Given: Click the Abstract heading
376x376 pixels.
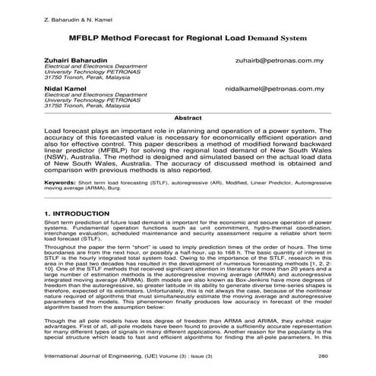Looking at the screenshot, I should (x=188, y=118).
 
